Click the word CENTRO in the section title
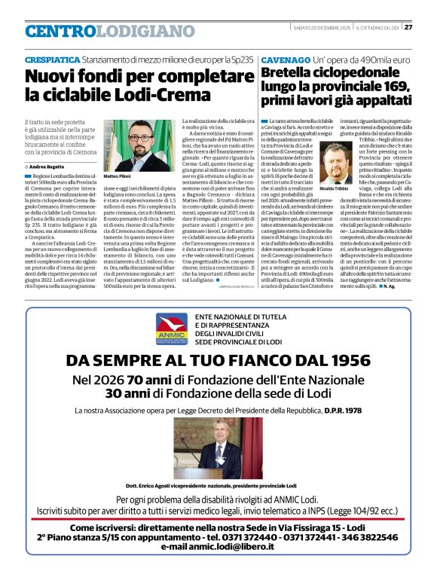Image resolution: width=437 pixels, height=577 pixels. coord(61,32)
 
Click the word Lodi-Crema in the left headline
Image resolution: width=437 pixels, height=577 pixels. coord(170,95)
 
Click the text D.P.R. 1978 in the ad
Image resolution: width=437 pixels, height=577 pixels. coord(342,411)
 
